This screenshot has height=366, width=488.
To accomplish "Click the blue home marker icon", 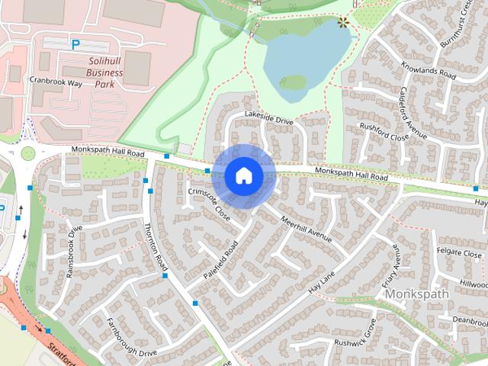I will point(243,176).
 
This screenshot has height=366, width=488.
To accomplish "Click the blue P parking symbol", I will point(75,45).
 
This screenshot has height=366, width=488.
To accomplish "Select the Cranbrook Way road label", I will point(56,79).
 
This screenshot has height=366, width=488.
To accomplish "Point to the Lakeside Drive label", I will point(268,117).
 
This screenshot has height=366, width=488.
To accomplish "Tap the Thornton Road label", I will point(156,244).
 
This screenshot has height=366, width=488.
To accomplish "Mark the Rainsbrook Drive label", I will point(74,252).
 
